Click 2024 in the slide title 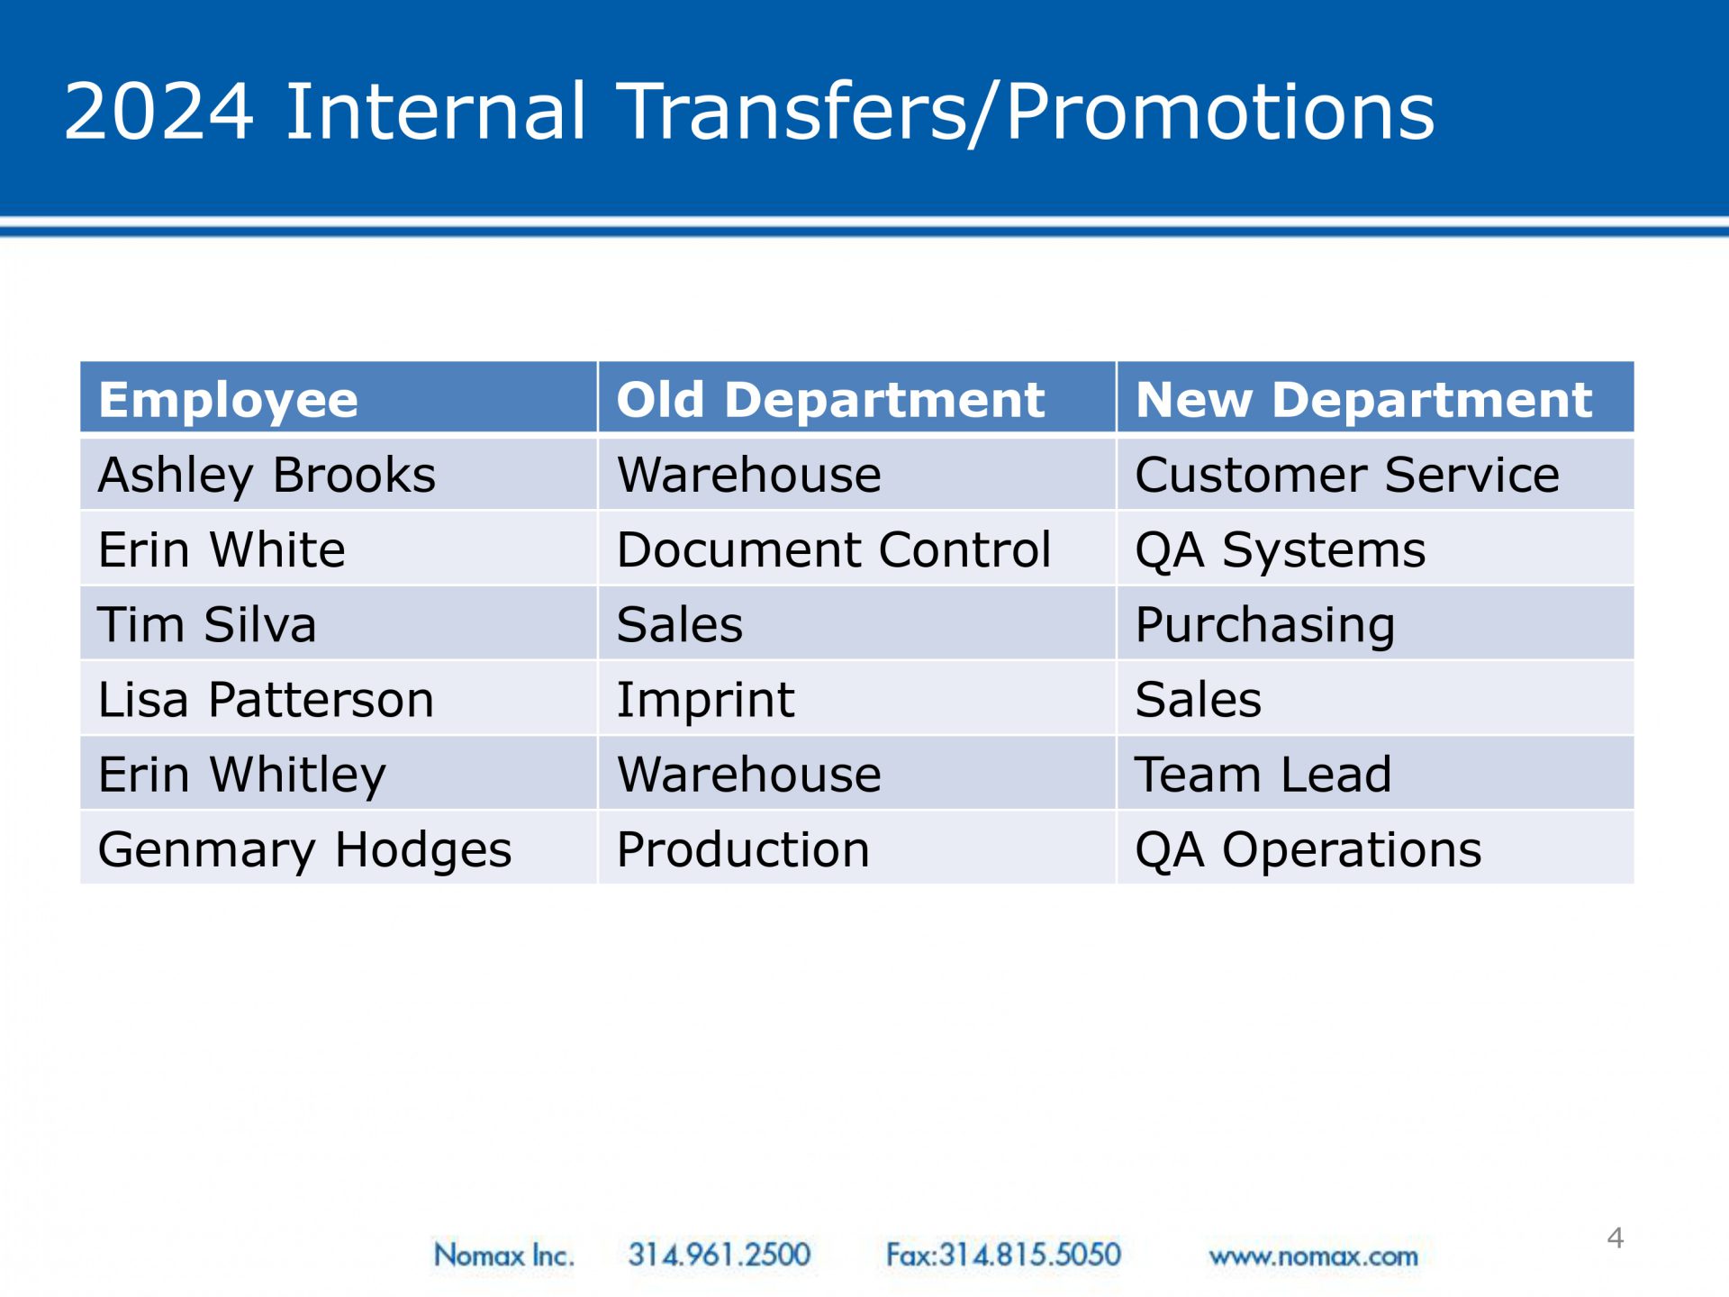[158, 111]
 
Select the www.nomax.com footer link [1313, 1256]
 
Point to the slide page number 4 [1616, 1238]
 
